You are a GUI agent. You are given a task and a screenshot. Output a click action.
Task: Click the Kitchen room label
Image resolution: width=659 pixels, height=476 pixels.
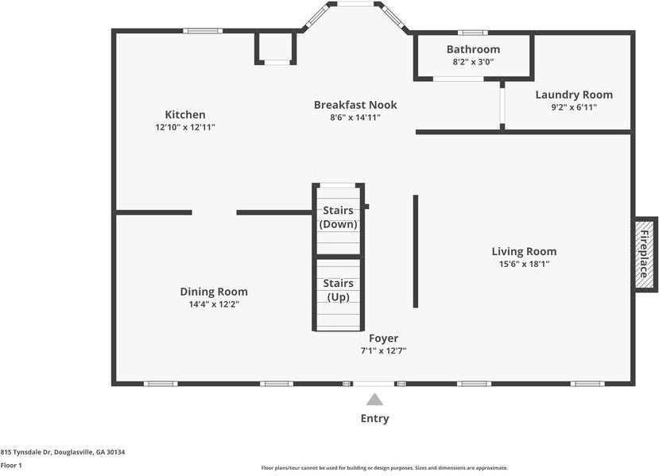click(185, 114)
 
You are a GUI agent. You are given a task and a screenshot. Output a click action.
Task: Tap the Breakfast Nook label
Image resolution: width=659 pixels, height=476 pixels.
click(355, 105)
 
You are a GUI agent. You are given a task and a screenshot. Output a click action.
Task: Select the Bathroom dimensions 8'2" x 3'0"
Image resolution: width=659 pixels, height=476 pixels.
click(473, 62)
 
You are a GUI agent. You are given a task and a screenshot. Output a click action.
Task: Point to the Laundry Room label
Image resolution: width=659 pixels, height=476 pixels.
click(574, 95)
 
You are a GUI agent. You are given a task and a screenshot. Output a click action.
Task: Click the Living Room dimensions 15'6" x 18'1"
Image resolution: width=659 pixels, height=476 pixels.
click(524, 264)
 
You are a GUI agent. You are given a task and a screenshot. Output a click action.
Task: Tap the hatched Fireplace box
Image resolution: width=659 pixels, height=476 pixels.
click(645, 254)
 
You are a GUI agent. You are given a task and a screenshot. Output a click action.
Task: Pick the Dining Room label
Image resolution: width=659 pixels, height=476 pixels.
click(214, 292)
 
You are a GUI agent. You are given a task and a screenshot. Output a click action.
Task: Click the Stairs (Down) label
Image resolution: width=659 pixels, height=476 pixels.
click(339, 217)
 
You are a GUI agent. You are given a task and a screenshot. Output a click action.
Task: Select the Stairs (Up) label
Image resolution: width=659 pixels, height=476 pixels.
click(339, 290)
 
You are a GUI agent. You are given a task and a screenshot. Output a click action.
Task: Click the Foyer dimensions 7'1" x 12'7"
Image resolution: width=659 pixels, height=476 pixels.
click(383, 350)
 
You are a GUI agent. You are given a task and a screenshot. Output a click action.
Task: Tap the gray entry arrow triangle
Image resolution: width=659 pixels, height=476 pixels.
click(374, 400)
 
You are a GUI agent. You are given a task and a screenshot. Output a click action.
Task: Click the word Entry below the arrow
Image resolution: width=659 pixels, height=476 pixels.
click(375, 419)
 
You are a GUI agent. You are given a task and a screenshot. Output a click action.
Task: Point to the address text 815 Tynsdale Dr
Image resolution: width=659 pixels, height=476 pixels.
click(25, 452)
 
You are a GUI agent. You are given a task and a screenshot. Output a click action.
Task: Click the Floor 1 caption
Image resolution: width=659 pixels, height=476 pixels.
click(11, 465)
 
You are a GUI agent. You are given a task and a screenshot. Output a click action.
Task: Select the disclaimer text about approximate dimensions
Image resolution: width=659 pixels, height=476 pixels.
click(385, 467)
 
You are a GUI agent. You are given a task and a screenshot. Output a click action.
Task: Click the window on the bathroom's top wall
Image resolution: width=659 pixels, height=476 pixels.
click(473, 33)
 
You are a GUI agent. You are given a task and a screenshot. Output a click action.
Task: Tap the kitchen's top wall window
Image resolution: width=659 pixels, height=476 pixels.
click(203, 31)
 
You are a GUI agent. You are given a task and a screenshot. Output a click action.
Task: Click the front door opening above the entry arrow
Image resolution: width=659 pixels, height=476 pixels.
click(374, 384)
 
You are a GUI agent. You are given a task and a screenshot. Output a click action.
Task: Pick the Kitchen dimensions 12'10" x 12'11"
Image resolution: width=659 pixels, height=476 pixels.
click(185, 127)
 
